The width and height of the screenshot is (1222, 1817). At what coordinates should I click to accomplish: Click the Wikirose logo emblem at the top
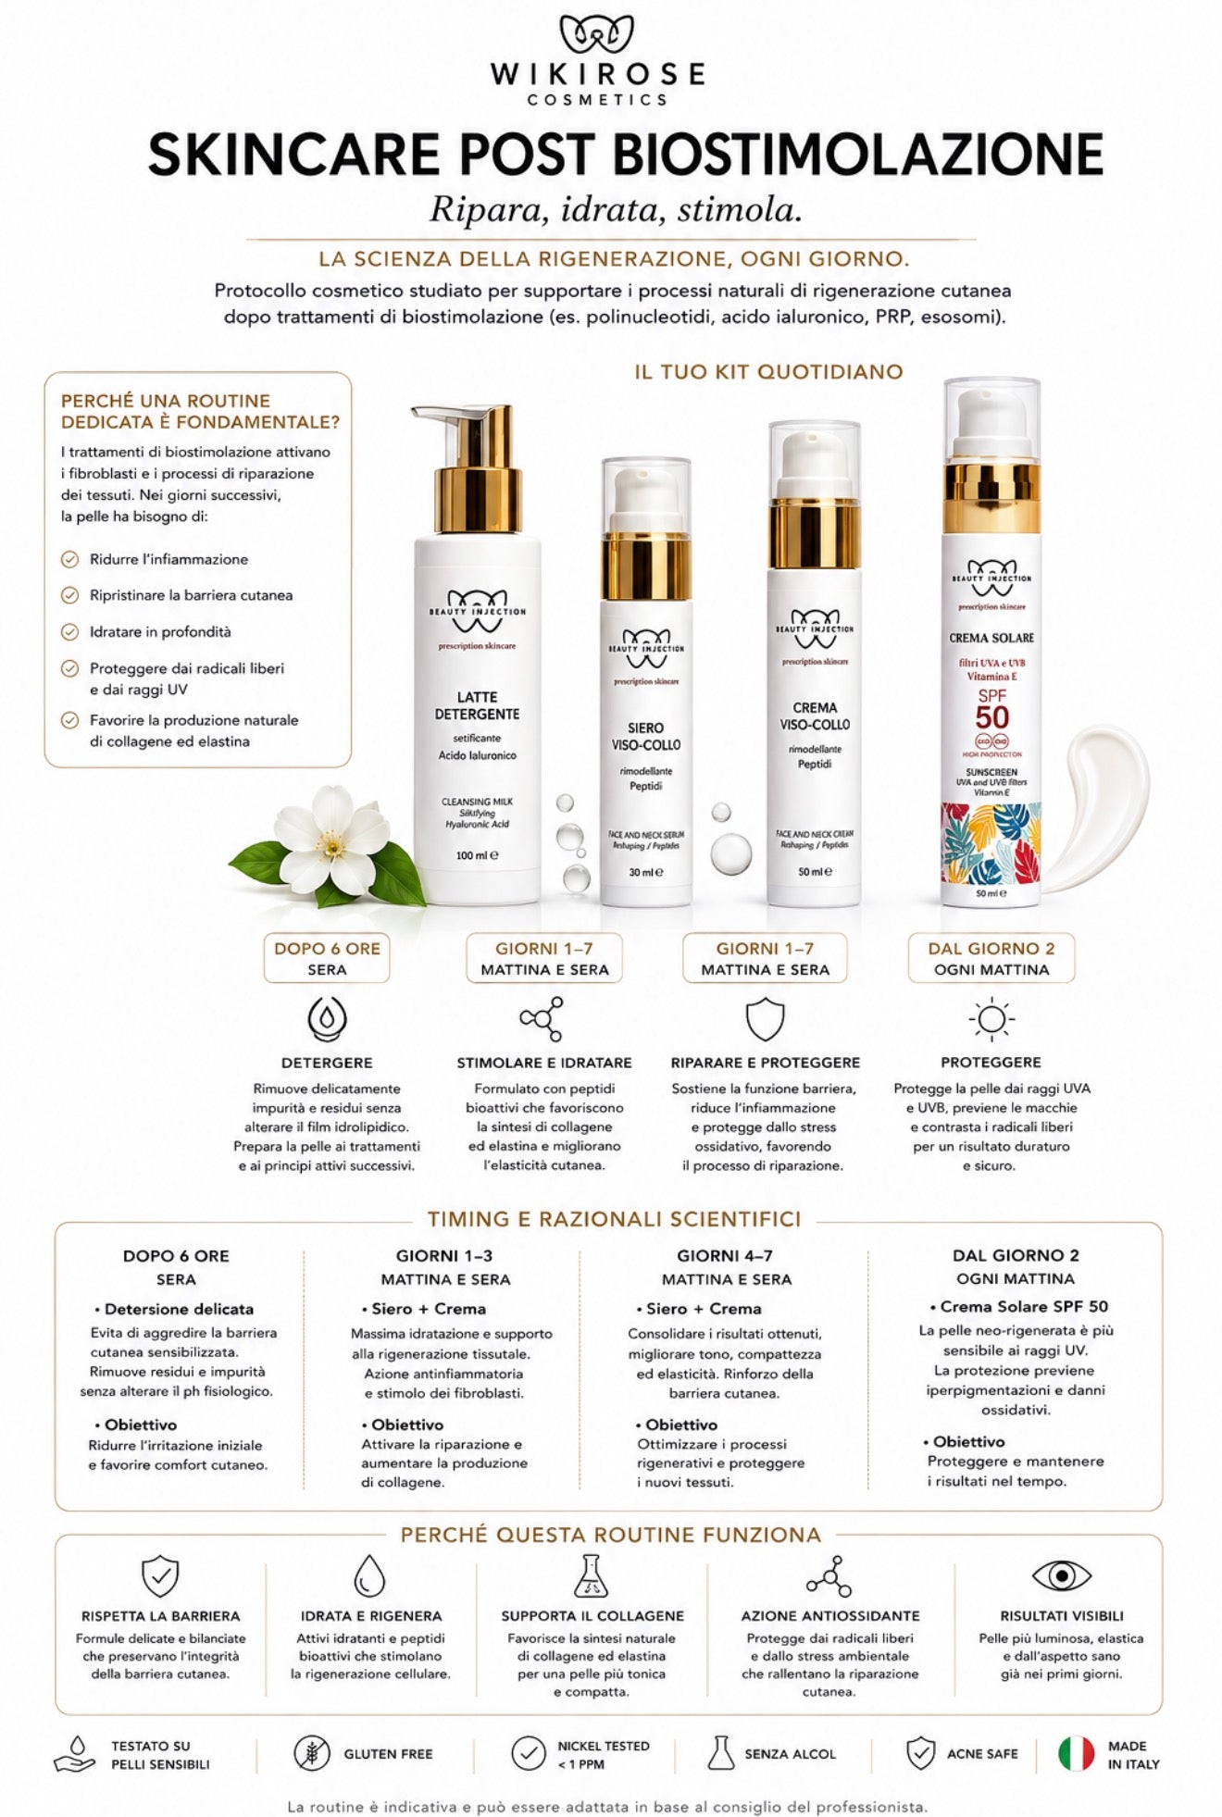pos(597,36)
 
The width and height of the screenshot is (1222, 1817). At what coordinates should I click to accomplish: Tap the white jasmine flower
pos(331,840)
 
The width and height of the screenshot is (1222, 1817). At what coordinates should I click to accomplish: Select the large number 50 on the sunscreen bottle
pos(991,717)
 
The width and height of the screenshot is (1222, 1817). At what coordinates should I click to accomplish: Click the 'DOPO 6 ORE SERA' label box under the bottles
pos(327,958)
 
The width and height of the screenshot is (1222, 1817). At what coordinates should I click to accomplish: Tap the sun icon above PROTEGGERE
pos(991,1019)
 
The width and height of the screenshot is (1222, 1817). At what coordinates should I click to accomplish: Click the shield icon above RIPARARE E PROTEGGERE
pos(765,1019)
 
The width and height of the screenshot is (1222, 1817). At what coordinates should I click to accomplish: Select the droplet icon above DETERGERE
pos(327,1018)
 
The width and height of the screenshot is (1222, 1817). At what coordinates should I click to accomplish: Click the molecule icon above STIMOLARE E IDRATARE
pos(542,1019)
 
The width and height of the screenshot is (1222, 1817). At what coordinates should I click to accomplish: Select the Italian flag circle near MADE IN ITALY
pos(1077,1753)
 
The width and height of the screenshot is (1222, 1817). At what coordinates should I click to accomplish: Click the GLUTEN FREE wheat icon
pos(312,1753)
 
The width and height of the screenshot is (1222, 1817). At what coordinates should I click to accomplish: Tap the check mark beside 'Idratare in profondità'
pos(69,632)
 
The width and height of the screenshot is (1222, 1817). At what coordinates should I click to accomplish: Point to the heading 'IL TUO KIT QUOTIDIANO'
pos(768,372)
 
